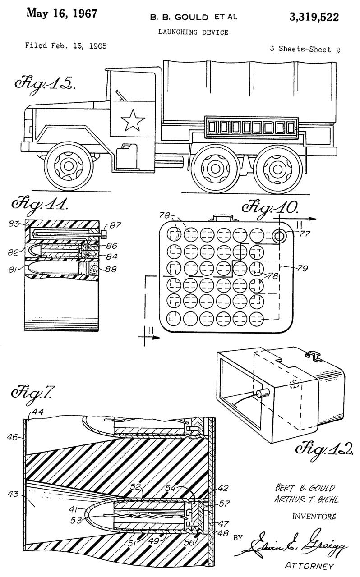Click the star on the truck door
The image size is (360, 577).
pos(133,121)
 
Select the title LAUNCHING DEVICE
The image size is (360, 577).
pos(193,32)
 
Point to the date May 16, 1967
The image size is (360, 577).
pos(62,14)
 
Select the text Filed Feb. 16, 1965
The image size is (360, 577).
pos(66,46)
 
